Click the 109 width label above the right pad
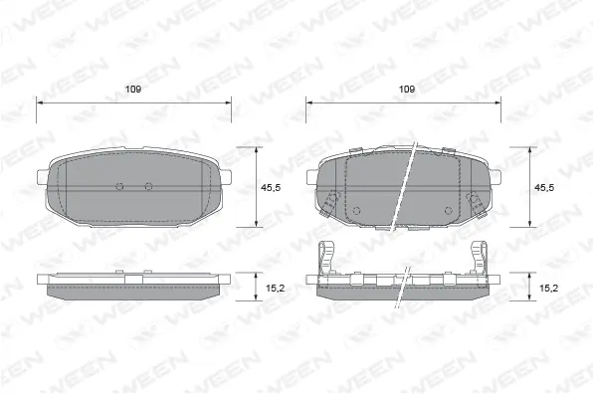coord(406,90)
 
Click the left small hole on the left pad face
coord(119,186)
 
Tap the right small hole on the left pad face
coord(148,186)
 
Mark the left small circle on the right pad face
coord(356,209)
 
